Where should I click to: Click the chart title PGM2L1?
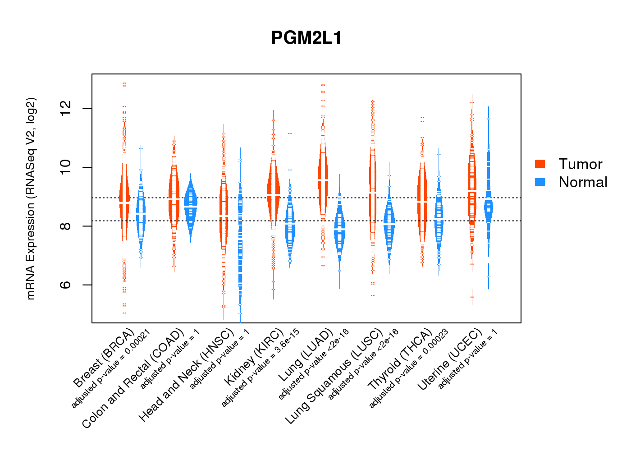(x=306, y=38)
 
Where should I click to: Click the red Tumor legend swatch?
(x=540, y=164)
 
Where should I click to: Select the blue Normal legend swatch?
(x=540, y=182)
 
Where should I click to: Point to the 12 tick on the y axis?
(x=66, y=109)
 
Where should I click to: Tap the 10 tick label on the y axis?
(x=66, y=167)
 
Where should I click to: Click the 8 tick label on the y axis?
(x=66, y=226)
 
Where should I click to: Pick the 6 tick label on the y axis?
(x=66, y=285)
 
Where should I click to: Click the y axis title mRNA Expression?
(x=31, y=199)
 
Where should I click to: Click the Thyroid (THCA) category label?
(x=400, y=360)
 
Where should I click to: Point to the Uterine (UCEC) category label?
(x=450, y=360)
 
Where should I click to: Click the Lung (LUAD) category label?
(x=306, y=355)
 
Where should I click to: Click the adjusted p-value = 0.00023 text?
(x=409, y=369)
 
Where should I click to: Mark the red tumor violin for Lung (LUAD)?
(x=323, y=180)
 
